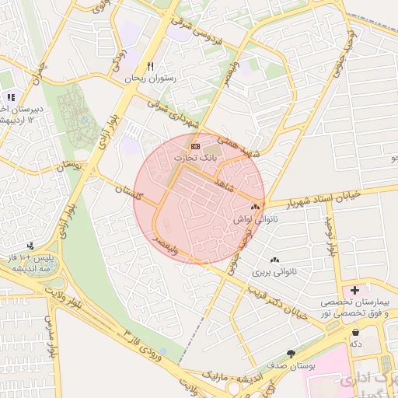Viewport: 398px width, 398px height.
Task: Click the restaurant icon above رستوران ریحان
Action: click(x=151, y=66)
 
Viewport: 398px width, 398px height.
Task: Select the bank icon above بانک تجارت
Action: click(x=195, y=145)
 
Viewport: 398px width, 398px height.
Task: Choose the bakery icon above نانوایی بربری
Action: click(x=273, y=260)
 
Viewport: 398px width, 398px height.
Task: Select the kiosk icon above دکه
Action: click(x=355, y=332)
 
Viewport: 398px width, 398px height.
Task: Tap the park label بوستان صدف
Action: click(x=286, y=365)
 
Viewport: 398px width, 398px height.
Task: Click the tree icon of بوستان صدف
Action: click(x=292, y=352)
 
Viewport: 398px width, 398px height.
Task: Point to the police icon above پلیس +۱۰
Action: click(x=30, y=246)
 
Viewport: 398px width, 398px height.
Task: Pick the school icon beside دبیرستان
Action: click(x=11, y=97)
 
